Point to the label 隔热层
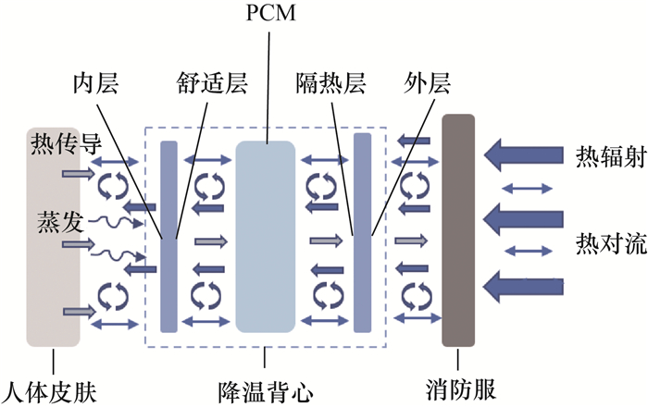pyautogui.click(x=333, y=85)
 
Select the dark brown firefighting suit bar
pyautogui.click(x=458, y=229)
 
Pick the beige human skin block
pyautogui.click(x=54, y=236)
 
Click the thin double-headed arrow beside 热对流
pyautogui.click(x=525, y=223)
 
